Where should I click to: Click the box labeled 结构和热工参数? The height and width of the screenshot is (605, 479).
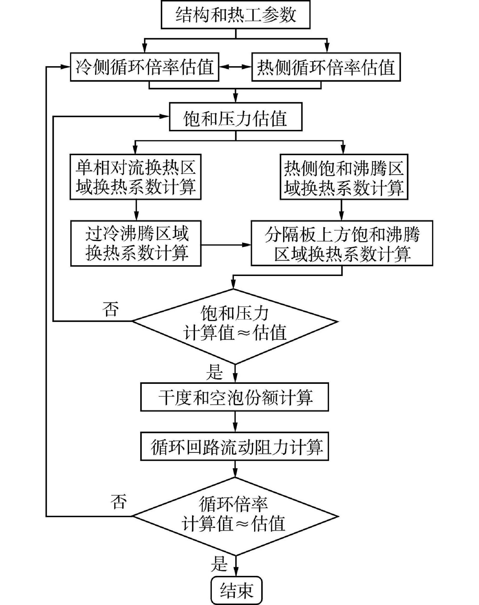tap(235, 15)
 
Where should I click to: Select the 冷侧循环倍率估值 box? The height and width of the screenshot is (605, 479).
tap(145, 67)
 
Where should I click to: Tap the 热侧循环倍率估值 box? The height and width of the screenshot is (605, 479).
tap(326, 67)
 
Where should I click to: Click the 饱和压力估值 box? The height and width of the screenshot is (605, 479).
tap(235, 117)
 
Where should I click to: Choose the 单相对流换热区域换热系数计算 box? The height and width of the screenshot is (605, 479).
tap(135, 177)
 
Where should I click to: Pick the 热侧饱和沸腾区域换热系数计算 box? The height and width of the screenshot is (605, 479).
tap(344, 177)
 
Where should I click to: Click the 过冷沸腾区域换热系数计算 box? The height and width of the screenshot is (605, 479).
tap(136, 243)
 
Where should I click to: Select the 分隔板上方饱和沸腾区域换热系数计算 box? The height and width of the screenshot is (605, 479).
tap(342, 243)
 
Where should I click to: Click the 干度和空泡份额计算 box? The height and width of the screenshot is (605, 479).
tap(234, 397)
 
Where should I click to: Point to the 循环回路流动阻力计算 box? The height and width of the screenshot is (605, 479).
tap(234, 446)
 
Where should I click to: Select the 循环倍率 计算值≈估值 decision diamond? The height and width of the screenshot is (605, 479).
tap(235, 516)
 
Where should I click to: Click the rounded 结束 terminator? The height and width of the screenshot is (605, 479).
tap(237, 590)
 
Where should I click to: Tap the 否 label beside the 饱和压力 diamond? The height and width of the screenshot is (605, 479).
tap(110, 309)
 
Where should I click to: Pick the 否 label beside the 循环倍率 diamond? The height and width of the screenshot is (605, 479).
tap(118, 502)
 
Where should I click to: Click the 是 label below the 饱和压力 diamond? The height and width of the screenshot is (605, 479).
tap(214, 372)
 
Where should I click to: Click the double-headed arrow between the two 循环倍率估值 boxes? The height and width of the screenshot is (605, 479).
tap(235, 67)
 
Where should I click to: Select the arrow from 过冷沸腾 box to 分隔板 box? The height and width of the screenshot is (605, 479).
tap(226, 245)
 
